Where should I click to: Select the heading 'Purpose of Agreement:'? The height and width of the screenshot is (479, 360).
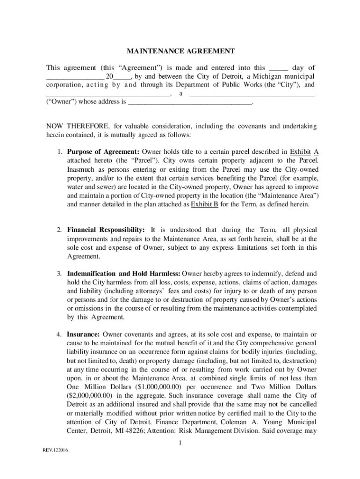point(103,152)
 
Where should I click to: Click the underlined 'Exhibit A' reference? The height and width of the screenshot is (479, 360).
point(304,152)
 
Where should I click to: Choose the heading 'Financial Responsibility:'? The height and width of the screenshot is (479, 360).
point(106,230)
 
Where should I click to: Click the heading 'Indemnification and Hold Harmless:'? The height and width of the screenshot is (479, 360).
point(124,274)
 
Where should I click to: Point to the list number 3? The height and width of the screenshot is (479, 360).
point(59,274)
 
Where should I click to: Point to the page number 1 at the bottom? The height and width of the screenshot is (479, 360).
point(180,443)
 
